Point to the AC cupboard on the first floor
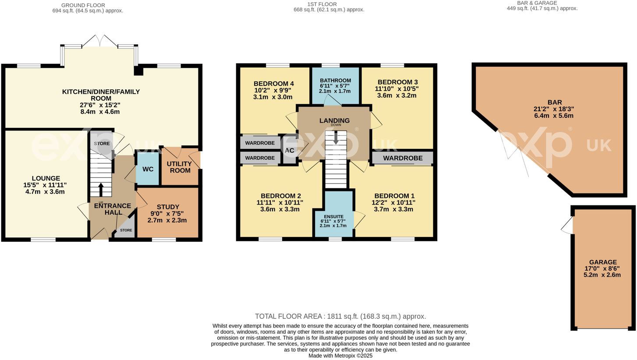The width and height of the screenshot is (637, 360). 290,150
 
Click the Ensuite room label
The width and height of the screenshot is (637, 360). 333,216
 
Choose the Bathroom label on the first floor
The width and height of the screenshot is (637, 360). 335,80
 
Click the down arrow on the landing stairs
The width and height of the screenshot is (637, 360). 336,138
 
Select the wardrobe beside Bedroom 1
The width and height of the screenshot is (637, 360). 403,158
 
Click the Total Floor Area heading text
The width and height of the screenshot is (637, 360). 340,316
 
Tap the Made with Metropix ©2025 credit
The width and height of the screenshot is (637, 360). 340,356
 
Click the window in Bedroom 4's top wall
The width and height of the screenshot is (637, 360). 277,66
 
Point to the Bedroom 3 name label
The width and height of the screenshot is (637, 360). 398,82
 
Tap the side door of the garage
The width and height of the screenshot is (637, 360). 567,225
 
